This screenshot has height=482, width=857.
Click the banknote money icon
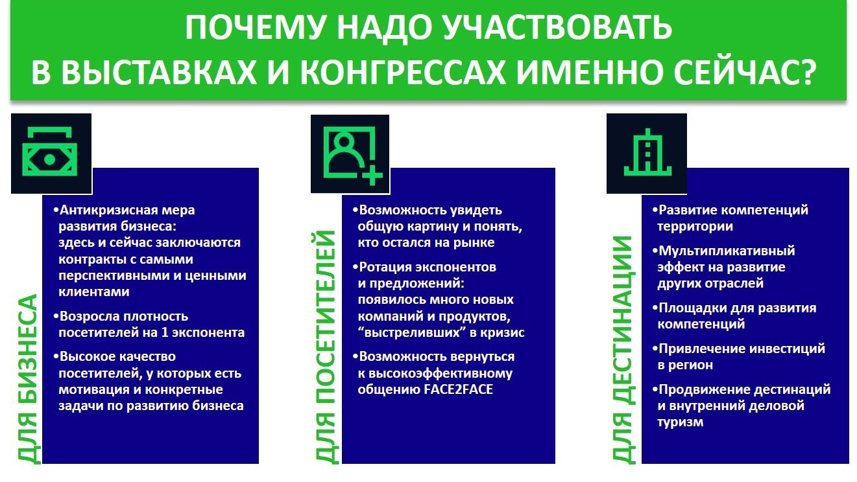click(50, 152)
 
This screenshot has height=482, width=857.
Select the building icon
click(647, 152)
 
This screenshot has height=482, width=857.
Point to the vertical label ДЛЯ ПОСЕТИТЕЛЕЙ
click(326, 347)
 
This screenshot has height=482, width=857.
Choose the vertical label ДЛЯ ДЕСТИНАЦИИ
click(623, 350)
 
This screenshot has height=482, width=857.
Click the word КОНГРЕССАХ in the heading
click(403, 72)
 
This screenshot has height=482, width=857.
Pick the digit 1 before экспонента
click(165, 332)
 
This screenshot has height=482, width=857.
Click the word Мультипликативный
click(727, 251)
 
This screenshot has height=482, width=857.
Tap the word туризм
click(681, 422)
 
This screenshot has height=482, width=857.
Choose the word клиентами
click(93, 292)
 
